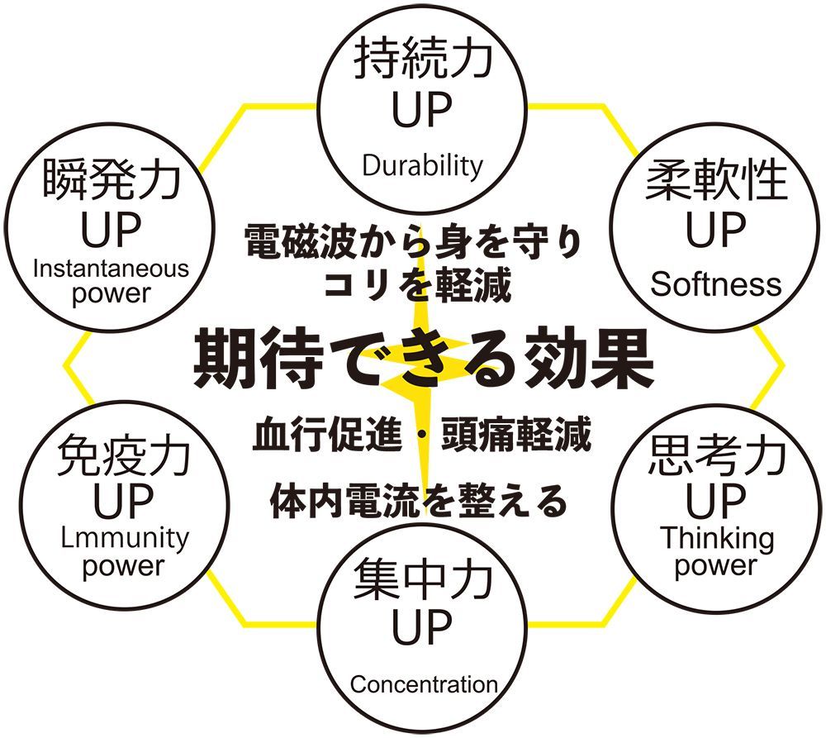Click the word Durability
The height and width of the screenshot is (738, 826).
click(422, 165)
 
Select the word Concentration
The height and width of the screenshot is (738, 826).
click(424, 684)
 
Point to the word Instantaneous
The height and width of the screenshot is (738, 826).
click(111, 269)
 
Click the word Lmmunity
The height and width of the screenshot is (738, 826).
click(125, 538)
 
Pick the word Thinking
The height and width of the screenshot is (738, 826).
click(717, 538)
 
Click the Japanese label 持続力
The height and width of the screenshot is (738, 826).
click(422, 61)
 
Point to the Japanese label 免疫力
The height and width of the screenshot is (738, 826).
click(125, 454)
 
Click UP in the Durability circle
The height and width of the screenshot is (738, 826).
click(422, 112)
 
